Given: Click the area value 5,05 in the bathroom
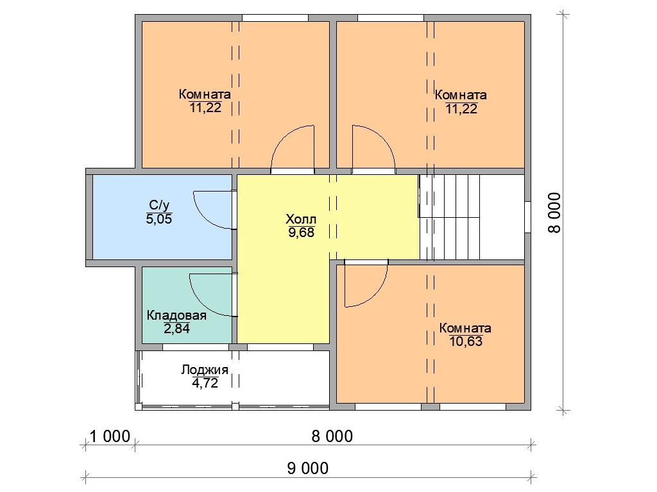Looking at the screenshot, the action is [x=159, y=219].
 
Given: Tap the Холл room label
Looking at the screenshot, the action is [x=301, y=219].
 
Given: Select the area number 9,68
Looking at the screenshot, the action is [x=301, y=233].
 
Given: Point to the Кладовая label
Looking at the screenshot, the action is [x=176, y=315].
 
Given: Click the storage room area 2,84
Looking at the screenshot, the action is [x=176, y=329].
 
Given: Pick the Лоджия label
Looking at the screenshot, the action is [x=205, y=370].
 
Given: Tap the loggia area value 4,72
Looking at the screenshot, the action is [x=205, y=383].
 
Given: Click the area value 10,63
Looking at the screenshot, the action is [x=466, y=341].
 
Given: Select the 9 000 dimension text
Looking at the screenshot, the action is [x=307, y=468].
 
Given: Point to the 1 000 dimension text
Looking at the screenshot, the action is [x=110, y=436].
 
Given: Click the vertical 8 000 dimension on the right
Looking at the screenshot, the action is [x=554, y=213].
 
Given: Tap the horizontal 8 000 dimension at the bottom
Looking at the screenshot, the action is [x=332, y=436].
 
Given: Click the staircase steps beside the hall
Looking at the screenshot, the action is [x=449, y=217].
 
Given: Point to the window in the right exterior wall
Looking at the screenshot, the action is [x=527, y=217].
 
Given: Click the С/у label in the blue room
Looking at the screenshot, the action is [x=159, y=205].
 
